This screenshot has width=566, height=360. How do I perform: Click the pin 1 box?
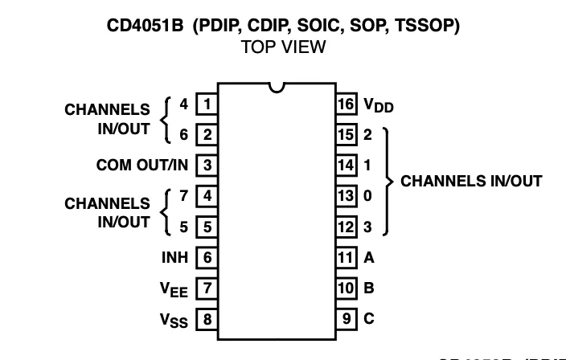pos(207,104)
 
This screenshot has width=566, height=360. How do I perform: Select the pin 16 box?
pos(346,104)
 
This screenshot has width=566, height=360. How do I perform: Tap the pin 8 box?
pos(207,319)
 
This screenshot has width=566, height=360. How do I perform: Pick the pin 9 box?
pos(346,319)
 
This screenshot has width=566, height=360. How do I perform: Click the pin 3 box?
pos(207,166)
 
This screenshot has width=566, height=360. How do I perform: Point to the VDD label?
pos(379,105)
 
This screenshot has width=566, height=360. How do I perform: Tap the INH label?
pos(174,258)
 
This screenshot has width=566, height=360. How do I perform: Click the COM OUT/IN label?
pos(142,166)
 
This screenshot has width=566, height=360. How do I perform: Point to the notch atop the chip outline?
pos(277,86)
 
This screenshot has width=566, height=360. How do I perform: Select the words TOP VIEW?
pos(284,47)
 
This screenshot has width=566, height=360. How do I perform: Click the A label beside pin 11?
pos(369,258)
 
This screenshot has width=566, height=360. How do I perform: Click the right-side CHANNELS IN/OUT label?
pos(471,181)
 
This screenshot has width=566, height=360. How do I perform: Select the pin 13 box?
pos(346,196)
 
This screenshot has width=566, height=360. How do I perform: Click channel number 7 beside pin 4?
pos(184,195)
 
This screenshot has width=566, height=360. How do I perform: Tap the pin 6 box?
pos(207,258)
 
